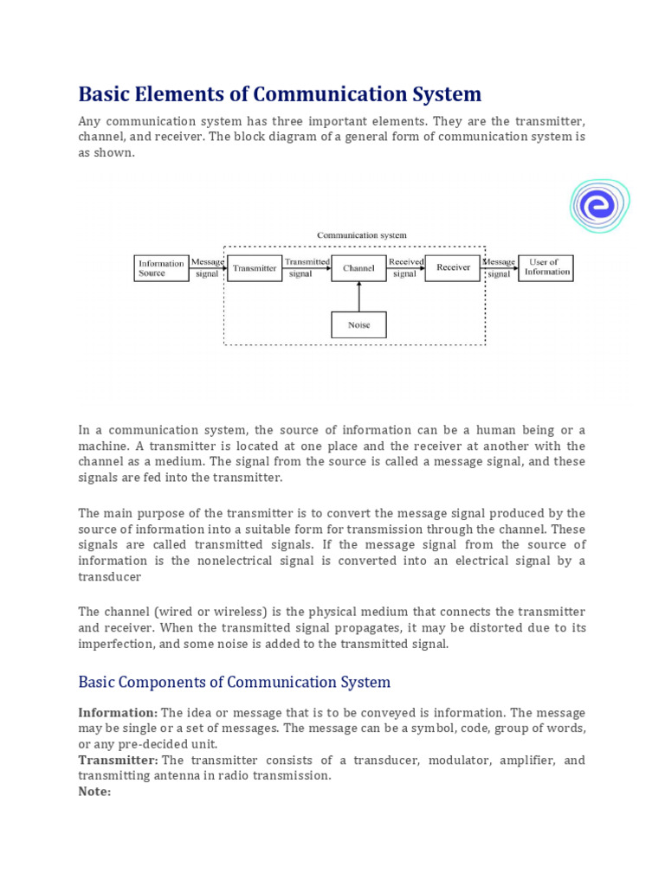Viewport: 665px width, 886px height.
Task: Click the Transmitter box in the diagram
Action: [x=254, y=268]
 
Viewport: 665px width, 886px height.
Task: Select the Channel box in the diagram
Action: [x=358, y=268]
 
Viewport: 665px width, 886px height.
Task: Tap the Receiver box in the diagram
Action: [x=453, y=267]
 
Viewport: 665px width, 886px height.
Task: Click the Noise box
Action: [x=358, y=324]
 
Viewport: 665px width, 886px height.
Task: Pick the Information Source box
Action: [x=161, y=267]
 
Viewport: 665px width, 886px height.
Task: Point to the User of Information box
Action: [x=546, y=267]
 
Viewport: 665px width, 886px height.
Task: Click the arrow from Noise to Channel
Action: [x=358, y=296]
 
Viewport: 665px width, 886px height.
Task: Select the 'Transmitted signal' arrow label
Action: [x=307, y=267]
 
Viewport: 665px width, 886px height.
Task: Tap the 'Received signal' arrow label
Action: [x=405, y=267]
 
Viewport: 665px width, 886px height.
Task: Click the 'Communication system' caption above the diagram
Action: [x=361, y=234]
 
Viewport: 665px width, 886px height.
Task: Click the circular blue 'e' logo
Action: [x=598, y=206]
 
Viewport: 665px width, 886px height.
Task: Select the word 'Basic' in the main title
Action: [x=107, y=93]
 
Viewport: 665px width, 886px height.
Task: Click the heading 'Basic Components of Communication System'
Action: [x=234, y=682]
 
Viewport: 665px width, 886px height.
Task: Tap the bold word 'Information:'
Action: [x=118, y=713]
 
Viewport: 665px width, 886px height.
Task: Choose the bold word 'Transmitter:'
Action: [x=119, y=761]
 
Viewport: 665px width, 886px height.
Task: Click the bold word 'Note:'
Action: [x=94, y=792]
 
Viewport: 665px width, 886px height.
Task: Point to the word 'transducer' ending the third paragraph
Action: [x=110, y=576]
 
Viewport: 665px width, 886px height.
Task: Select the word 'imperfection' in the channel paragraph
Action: [x=118, y=644]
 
